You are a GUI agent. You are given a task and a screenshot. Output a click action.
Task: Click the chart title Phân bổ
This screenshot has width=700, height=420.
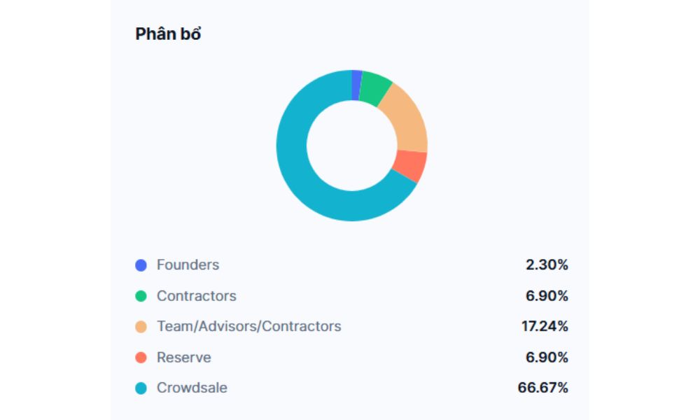pos(168,34)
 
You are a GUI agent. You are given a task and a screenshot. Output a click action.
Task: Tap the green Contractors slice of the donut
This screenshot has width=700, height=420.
pos(375,90)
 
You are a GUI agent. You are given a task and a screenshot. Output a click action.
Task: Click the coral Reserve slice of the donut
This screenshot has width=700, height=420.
pos(409,165)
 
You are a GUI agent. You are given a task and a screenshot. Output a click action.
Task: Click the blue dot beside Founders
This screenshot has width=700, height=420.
pos(141,265)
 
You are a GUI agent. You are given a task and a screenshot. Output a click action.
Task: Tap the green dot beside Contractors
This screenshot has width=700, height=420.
pos(141,296)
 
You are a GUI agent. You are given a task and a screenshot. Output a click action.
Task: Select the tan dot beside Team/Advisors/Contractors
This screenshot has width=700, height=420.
pos(141,327)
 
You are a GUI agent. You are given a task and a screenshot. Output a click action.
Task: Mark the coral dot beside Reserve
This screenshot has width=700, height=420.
pos(141,358)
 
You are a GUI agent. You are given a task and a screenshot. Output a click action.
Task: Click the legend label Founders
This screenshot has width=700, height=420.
pos(188,265)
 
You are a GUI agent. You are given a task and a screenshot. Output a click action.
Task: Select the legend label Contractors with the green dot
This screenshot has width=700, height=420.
pos(197,296)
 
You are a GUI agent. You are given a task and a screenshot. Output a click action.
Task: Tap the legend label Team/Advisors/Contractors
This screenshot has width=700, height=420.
pos(248,327)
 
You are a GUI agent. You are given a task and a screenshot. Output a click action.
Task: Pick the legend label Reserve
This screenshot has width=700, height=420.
pos(183,358)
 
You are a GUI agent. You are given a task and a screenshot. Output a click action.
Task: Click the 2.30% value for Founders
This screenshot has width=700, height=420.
pos(547,265)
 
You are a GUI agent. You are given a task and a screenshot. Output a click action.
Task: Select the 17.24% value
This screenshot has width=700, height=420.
pos(543,327)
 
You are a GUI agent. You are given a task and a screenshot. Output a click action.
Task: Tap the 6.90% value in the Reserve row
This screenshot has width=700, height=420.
pos(547,358)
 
